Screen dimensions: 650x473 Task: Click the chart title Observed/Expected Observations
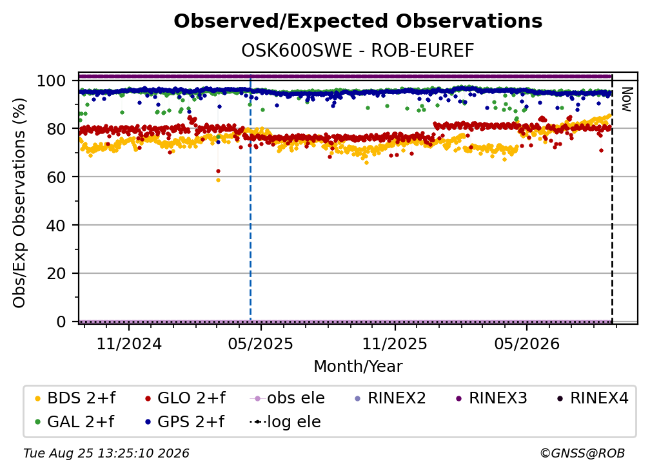358,21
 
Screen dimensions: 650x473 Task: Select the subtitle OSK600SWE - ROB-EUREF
358,51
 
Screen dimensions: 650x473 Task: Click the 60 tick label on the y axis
56,177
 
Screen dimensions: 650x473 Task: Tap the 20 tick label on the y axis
56,274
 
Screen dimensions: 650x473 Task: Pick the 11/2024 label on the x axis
129,343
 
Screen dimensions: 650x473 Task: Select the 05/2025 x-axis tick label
261,343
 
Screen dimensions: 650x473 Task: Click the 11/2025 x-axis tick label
395,343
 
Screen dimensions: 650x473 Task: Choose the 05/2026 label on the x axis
527,343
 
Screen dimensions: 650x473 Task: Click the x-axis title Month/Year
358,367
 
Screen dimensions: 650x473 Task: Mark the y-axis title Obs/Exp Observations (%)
19,203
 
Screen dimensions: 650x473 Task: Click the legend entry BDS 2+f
75,398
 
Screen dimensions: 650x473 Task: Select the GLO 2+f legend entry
185,398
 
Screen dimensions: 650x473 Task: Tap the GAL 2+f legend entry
75,422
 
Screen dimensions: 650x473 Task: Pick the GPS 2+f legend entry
185,422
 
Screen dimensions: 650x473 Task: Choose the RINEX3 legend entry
491,398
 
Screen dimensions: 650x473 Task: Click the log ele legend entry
285,422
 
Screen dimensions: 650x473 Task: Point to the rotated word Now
626,99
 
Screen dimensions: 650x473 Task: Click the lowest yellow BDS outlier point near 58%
218,180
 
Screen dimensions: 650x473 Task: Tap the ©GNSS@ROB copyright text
582,454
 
